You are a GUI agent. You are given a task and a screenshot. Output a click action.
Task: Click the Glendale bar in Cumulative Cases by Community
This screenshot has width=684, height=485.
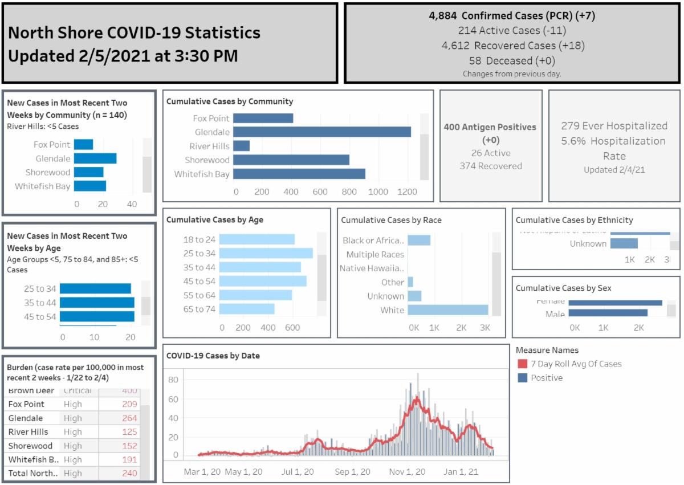322,132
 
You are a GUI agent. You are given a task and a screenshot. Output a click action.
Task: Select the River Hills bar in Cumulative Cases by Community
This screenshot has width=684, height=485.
241,146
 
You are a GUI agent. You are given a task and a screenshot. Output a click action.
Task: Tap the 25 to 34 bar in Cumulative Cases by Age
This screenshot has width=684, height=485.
266,254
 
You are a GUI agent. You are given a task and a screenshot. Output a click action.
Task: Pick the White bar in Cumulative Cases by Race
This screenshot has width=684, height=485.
448,310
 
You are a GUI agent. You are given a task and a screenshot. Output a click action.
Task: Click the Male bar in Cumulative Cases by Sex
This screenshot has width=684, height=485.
608,313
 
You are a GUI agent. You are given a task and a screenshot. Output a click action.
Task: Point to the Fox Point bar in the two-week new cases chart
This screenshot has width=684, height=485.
83,145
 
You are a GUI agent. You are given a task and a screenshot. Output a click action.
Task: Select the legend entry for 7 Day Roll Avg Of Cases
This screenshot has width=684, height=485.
576,364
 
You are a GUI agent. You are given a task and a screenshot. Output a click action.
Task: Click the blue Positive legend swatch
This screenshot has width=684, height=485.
522,378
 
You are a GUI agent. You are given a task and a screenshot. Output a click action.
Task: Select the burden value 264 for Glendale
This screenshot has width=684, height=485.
129,418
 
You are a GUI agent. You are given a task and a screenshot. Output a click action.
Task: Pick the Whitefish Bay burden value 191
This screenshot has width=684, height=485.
129,460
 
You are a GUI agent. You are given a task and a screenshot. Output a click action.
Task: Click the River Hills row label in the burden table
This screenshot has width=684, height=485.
28,432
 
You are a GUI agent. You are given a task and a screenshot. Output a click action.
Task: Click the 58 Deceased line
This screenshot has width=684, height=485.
512,60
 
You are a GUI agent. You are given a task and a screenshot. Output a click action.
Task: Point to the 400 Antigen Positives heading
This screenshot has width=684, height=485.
490,127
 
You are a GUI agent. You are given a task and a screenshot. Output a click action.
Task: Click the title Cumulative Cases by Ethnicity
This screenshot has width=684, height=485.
574,220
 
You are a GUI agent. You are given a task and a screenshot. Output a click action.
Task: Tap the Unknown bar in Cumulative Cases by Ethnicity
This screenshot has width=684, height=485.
624,244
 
